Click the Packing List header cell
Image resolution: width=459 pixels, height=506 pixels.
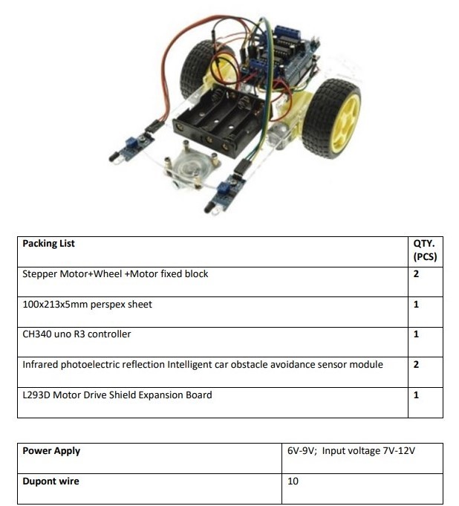pos(48,243)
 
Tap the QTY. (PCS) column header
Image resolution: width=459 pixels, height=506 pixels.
pos(425,250)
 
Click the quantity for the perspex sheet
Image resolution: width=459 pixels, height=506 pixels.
pos(416,305)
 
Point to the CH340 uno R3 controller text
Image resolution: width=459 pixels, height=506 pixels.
pos(76,334)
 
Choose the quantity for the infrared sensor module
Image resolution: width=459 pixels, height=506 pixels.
pos(416,365)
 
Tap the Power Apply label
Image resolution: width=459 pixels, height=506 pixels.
pos(51,451)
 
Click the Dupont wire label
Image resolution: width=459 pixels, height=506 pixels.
pos(51,481)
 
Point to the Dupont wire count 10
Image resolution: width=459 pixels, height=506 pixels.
pos(293,481)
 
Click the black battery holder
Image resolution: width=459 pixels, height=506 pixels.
pos(219,123)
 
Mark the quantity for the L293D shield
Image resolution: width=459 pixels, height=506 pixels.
pos(416,395)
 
